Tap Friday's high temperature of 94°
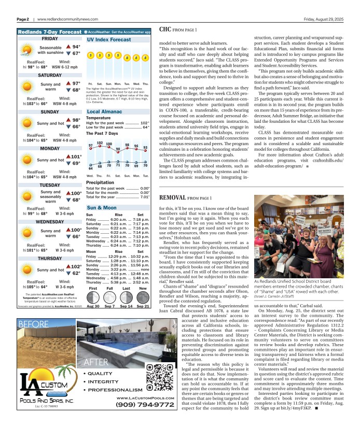(x=76, y=47)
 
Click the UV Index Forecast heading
(x=109, y=39)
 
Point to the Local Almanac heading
(x=104, y=111)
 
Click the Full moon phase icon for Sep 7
(x=109, y=297)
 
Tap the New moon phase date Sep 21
(x=143, y=306)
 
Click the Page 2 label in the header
(x=22, y=19)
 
